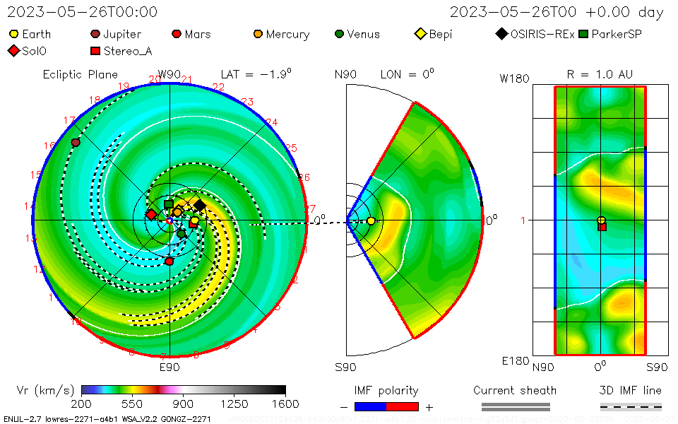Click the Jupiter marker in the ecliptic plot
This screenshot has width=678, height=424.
click(x=76, y=142)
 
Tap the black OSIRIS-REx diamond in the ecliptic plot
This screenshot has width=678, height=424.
click(x=200, y=205)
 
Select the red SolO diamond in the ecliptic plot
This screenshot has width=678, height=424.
click(x=151, y=214)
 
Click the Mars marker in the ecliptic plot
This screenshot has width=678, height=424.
click(x=169, y=261)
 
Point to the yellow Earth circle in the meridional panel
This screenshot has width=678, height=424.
click(x=371, y=221)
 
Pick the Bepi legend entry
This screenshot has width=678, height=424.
click(x=433, y=34)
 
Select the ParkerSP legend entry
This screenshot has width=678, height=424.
click(x=610, y=34)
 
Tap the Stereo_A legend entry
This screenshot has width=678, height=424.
click(x=121, y=51)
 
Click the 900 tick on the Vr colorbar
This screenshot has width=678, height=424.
click(x=184, y=404)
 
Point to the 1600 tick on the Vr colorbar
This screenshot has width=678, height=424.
click(x=285, y=404)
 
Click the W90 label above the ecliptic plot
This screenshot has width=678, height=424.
click(x=169, y=74)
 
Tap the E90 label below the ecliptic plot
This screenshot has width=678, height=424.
click(x=169, y=367)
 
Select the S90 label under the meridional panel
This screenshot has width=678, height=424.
click(x=345, y=367)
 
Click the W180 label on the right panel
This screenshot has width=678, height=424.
click(x=514, y=78)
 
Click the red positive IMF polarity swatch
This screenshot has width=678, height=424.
click(x=403, y=406)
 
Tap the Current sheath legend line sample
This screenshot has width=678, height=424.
click(x=515, y=406)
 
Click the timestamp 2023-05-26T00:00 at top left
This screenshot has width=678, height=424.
click(x=83, y=12)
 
